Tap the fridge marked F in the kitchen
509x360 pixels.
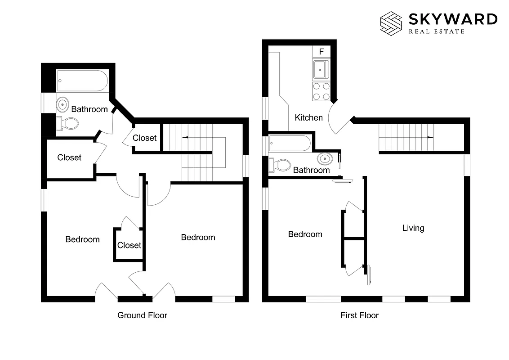[x=321, y=52]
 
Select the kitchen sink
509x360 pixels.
[x=321, y=70]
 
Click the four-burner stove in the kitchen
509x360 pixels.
[x=321, y=91]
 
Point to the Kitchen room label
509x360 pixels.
[x=308, y=118]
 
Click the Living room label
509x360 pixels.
[x=413, y=228]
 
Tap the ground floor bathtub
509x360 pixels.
[x=83, y=81]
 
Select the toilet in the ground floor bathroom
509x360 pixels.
[x=67, y=123]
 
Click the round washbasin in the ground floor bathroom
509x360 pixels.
[x=63, y=104]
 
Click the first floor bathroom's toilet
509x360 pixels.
[x=279, y=165]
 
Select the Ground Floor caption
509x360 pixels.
[x=142, y=315]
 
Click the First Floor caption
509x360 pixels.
[x=359, y=315]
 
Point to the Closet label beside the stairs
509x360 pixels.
[x=145, y=138]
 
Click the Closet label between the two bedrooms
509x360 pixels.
[x=129, y=245]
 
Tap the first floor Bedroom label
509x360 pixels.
[x=305, y=234]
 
